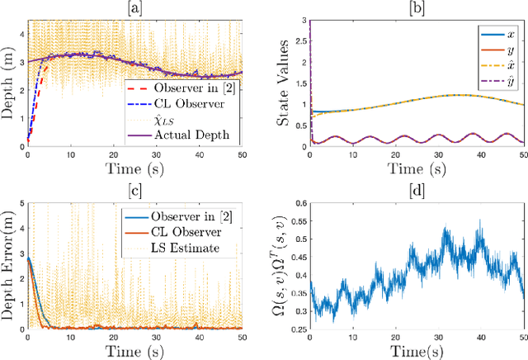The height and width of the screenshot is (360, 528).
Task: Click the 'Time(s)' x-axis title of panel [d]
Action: tap(417, 352)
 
